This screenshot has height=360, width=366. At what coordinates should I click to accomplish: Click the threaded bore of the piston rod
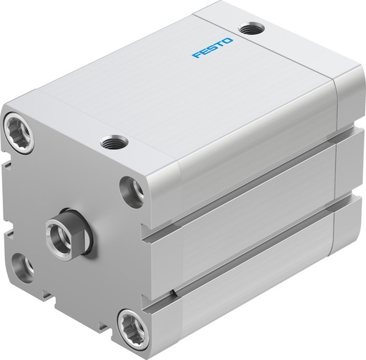pyautogui.click(x=57, y=230)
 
